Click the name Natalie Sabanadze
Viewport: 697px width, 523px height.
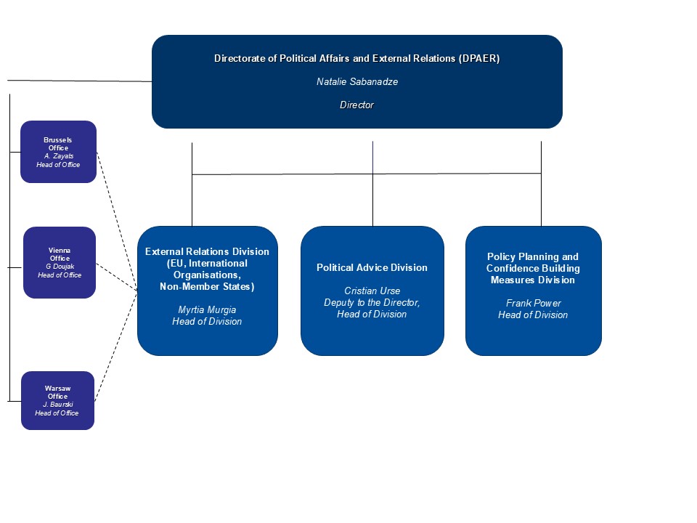[x=357, y=82]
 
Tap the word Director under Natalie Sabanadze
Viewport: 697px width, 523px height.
[x=357, y=105]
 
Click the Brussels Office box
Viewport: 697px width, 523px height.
[x=58, y=152]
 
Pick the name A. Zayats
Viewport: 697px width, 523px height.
[x=59, y=156]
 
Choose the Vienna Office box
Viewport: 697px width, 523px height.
[x=60, y=262]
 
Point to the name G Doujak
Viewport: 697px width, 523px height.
[x=60, y=267]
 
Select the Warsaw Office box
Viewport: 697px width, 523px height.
[x=58, y=400]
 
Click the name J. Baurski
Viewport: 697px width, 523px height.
[x=58, y=405]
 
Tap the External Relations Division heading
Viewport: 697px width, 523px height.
[x=207, y=252]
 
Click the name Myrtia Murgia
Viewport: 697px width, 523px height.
[x=207, y=310]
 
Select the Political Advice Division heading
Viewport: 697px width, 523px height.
[x=372, y=268]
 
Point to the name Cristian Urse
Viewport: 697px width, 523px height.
[x=372, y=291]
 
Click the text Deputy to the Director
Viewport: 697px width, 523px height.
[x=372, y=302]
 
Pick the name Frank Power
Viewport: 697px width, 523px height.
[x=534, y=304]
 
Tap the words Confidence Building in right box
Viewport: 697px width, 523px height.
[x=533, y=268]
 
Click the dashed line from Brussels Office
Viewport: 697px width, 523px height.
[x=117, y=221]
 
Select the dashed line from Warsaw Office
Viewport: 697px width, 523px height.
[x=116, y=346]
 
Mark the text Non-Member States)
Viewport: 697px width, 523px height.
[x=207, y=287]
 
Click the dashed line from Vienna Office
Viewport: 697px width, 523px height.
[x=117, y=277]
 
